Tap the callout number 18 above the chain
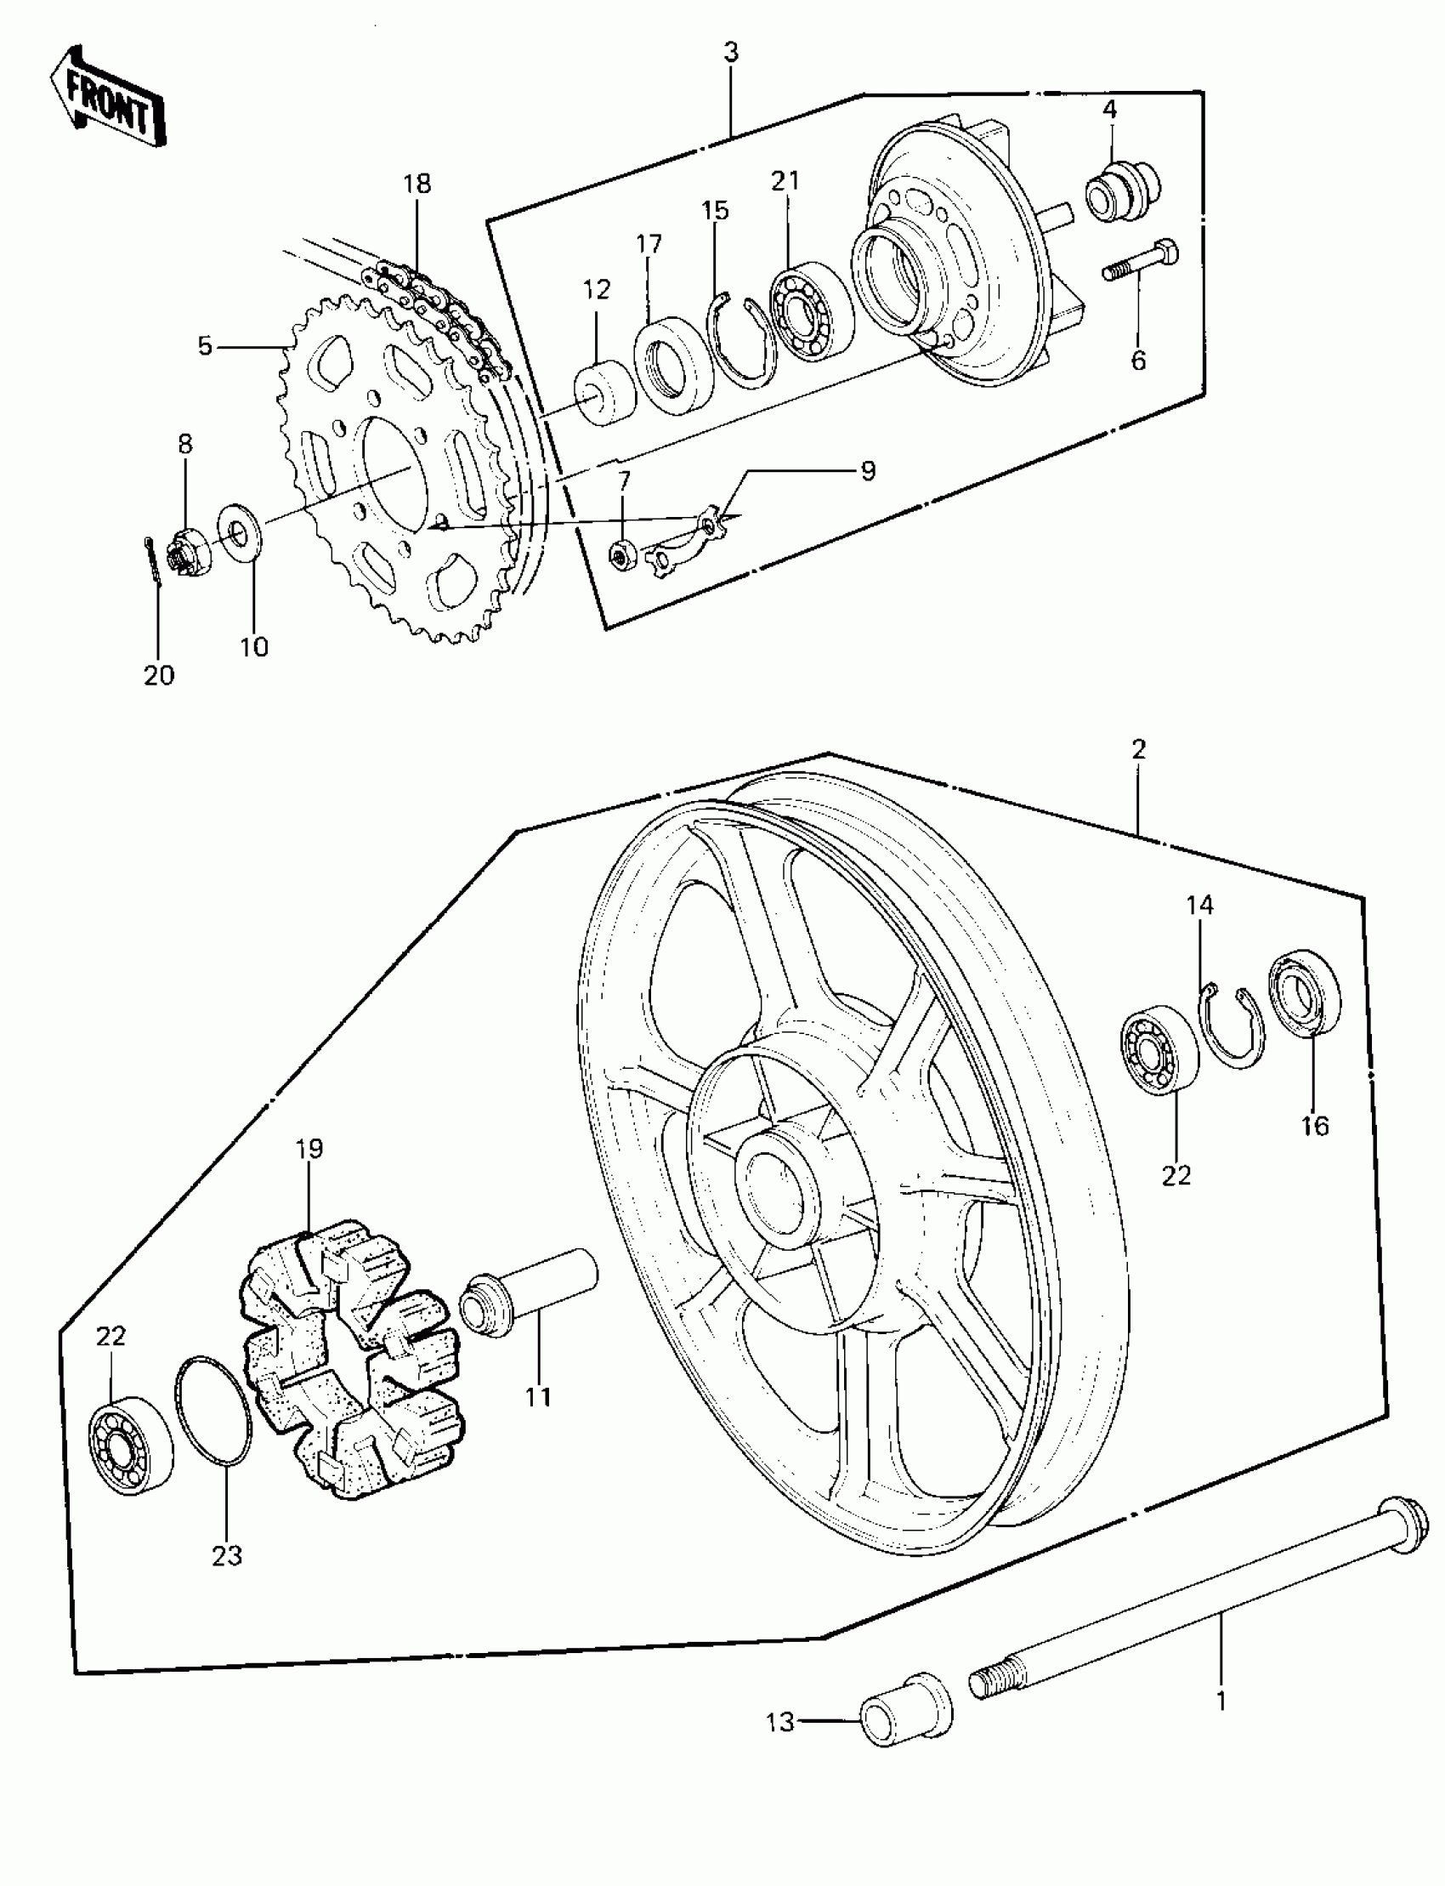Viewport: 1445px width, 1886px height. click(x=417, y=185)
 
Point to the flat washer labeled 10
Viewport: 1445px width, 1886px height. click(x=237, y=533)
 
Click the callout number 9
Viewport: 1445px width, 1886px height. click(x=868, y=471)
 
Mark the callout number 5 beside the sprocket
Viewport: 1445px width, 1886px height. click(x=205, y=346)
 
